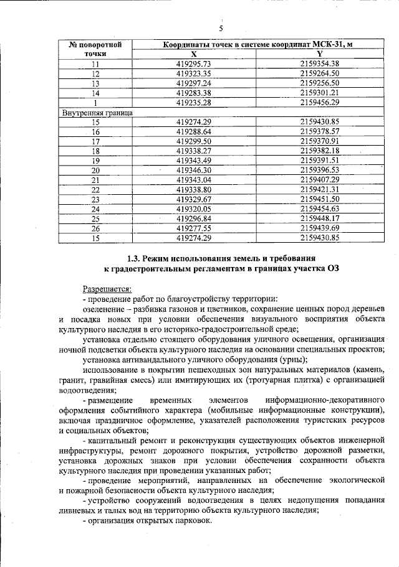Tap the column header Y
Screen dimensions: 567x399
[x=319, y=54]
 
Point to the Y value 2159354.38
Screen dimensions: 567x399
[x=319, y=64]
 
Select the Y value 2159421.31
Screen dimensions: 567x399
[x=319, y=189]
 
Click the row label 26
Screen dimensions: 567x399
[x=95, y=228]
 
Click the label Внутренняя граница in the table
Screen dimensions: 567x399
[x=97, y=113]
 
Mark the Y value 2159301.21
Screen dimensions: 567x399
[x=319, y=93]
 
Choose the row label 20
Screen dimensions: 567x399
[x=95, y=170]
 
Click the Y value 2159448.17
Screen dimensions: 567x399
[x=319, y=218]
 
